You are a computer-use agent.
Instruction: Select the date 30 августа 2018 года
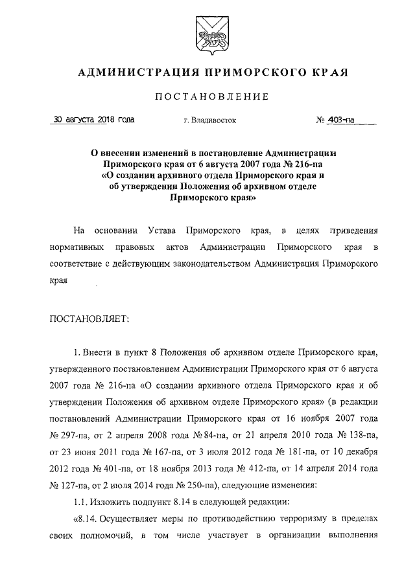pos(94,119)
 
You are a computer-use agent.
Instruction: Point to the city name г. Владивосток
pos(210,120)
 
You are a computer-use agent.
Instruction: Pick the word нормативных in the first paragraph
pos(77,247)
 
